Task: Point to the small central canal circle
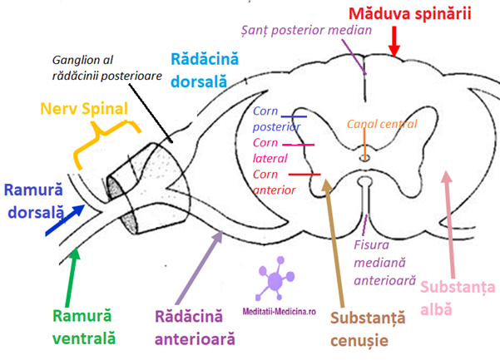tap(364, 155)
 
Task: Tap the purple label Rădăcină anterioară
tap(196, 327)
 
